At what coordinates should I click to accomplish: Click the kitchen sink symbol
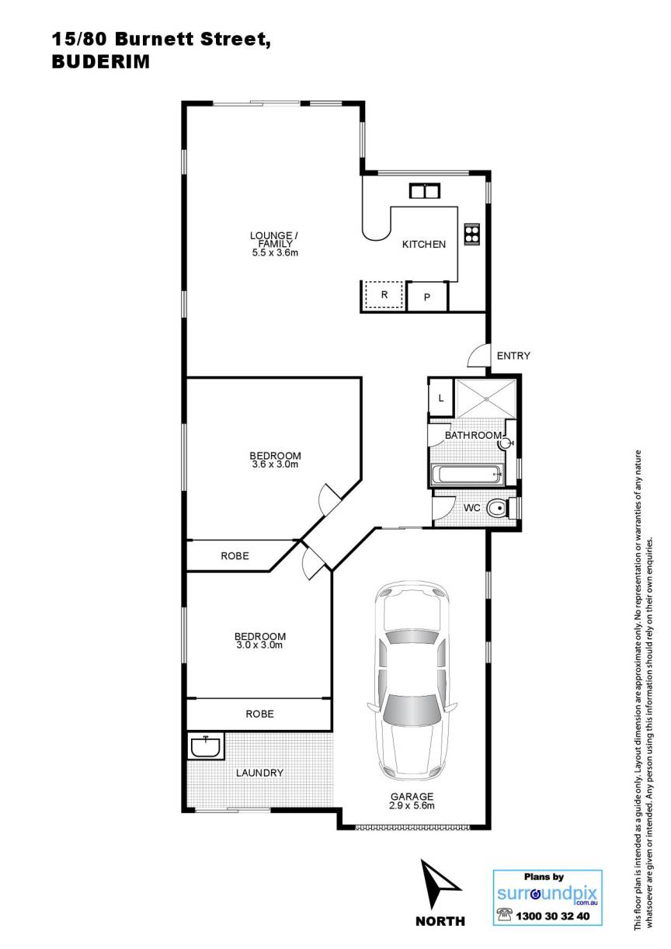(x=424, y=190)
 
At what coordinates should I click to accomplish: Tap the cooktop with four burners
(x=471, y=234)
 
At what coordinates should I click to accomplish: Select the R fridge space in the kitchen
(x=384, y=295)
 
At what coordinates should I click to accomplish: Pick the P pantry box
(x=427, y=297)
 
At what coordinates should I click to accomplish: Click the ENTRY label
(x=513, y=356)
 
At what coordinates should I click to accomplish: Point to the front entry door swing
(x=476, y=355)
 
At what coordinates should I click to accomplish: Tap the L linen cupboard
(x=441, y=398)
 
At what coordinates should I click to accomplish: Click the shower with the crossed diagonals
(x=486, y=398)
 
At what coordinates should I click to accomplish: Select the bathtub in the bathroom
(x=467, y=474)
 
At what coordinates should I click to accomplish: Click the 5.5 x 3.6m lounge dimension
(x=275, y=253)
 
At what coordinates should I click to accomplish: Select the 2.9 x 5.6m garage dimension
(x=412, y=806)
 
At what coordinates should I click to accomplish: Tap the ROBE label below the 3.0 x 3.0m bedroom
(x=259, y=714)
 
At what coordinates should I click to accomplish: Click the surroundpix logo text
(x=548, y=894)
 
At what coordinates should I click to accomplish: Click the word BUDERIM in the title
(x=101, y=62)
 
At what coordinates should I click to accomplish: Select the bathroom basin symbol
(x=506, y=443)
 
